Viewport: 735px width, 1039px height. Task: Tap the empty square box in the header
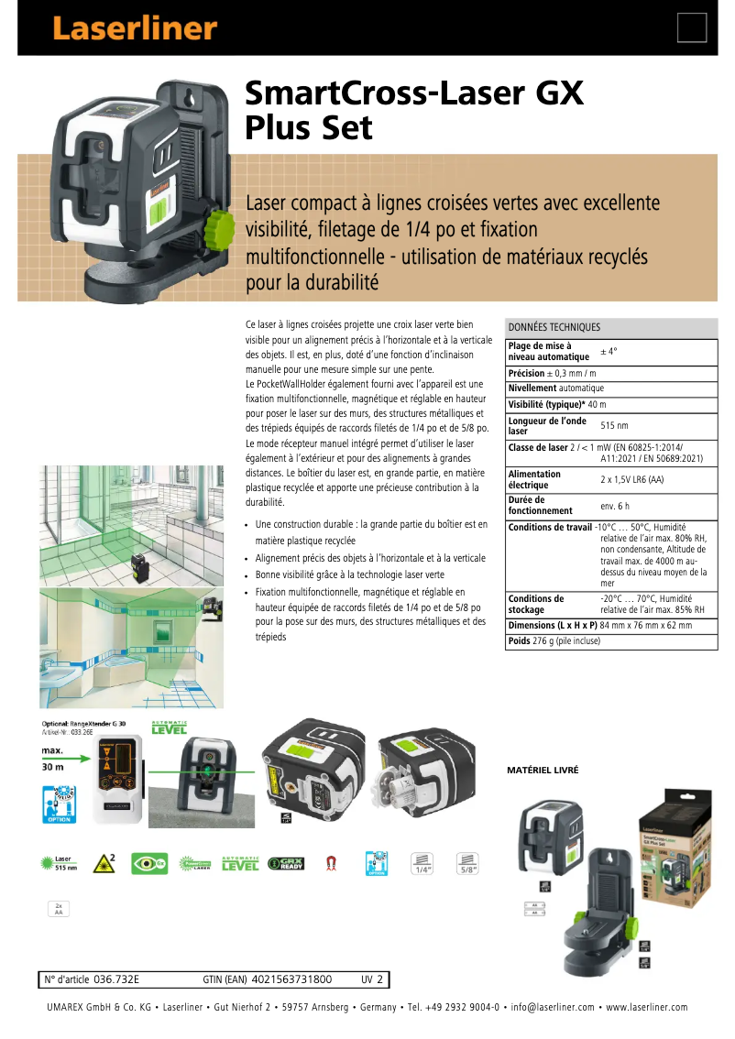point(692,28)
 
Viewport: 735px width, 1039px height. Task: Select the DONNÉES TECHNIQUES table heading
point(554,327)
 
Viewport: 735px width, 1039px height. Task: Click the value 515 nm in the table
point(614,426)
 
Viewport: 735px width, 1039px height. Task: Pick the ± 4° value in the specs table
point(609,352)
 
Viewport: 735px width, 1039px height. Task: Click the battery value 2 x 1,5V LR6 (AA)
point(632,479)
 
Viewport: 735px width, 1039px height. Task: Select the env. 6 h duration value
point(615,506)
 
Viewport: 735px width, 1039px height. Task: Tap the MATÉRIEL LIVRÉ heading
point(543,771)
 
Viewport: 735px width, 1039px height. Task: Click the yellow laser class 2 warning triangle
point(104,863)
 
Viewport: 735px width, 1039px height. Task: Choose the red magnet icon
point(331,863)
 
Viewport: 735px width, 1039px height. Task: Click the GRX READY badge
point(286,863)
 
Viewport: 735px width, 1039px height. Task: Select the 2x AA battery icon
point(59,909)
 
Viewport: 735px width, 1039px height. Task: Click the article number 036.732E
point(115,979)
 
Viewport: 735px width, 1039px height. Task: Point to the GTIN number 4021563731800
point(291,979)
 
